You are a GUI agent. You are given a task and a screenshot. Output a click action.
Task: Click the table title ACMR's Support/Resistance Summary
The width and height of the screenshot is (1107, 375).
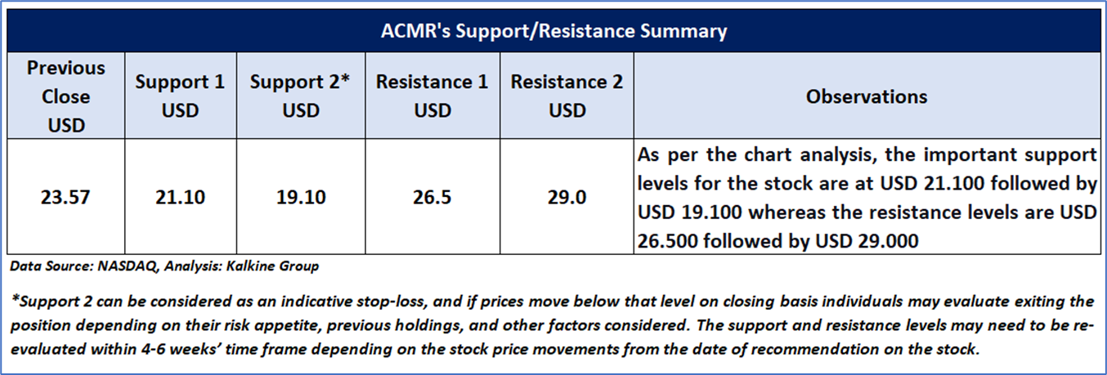tap(553, 31)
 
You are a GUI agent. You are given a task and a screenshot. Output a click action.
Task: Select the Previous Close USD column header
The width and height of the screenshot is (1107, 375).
tap(65, 96)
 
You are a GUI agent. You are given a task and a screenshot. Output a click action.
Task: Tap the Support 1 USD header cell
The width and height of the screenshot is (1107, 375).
tap(181, 96)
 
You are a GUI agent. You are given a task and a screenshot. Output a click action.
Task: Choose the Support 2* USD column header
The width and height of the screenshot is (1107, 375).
tap(301, 96)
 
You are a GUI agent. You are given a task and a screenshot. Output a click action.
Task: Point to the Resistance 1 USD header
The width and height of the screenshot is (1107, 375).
tap(432, 96)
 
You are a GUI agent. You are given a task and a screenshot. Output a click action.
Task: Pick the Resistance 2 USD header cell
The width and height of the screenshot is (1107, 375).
tap(567, 96)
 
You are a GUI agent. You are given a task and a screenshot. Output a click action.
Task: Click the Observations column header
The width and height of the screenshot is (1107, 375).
tap(867, 96)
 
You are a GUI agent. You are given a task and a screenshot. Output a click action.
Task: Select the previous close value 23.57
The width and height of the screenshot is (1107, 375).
tap(65, 197)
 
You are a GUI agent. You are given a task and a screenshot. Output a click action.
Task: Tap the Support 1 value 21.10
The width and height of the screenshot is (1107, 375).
tap(181, 197)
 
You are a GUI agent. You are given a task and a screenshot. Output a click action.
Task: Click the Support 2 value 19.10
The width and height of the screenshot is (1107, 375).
tap(301, 197)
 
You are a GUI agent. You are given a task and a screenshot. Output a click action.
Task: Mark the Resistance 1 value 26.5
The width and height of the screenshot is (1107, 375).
tap(432, 197)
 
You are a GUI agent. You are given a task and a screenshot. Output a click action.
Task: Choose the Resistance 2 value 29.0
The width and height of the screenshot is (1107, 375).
tap(567, 197)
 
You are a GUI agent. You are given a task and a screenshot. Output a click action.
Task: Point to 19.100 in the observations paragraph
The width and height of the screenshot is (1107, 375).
tap(711, 212)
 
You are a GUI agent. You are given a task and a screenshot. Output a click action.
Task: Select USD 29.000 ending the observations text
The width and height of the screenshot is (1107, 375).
tap(867, 241)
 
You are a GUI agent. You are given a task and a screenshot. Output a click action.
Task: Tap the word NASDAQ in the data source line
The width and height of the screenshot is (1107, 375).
tap(128, 266)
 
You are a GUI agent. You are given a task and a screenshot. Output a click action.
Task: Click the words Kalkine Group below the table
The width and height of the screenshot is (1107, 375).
tap(272, 266)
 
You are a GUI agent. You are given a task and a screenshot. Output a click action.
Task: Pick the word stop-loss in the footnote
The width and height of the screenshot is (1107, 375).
tap(399, 301)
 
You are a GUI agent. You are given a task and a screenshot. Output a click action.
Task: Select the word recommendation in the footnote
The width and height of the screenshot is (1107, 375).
tap(815, 350)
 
